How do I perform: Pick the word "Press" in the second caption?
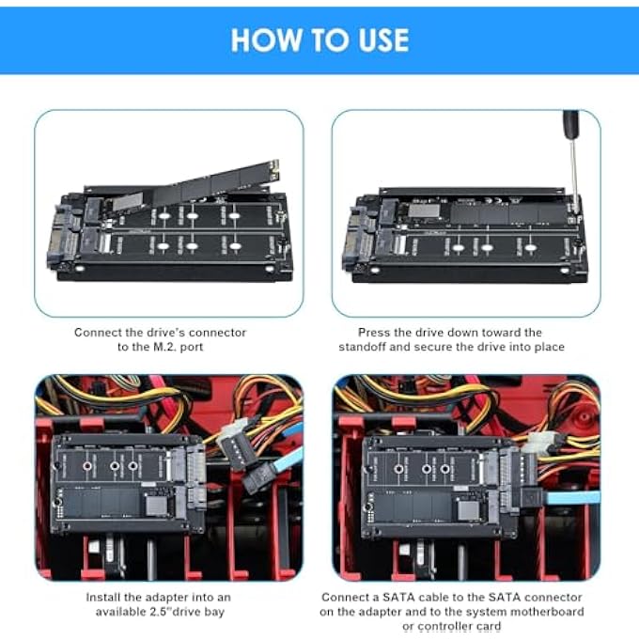[x=374, y=333]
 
